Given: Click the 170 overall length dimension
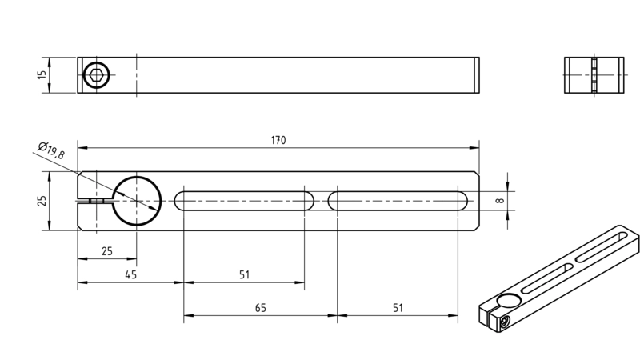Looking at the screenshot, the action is [278, 141].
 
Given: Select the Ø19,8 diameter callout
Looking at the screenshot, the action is [51, 150].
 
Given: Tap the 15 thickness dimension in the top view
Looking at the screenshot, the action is [42, 75].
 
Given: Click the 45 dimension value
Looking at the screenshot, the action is [130, 274].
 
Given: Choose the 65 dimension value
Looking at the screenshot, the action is [261, 308].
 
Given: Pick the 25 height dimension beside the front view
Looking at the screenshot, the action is [42, 201].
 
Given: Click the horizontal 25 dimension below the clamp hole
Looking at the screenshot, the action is [107, 251].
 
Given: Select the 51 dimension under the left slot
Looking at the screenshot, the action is [244, 274].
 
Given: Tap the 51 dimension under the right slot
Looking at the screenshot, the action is [398, 308].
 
